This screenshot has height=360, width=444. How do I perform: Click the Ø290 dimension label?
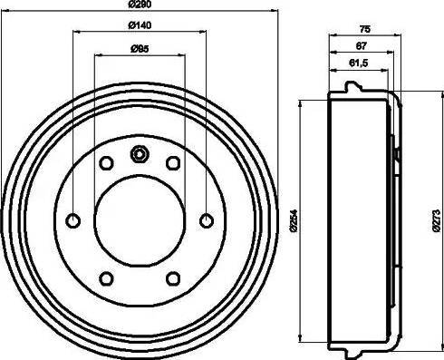(x=140, y=8)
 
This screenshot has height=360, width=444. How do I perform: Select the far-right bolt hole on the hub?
(x=206, y=219)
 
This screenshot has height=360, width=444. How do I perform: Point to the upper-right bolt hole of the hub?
(x=173, y=162)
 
